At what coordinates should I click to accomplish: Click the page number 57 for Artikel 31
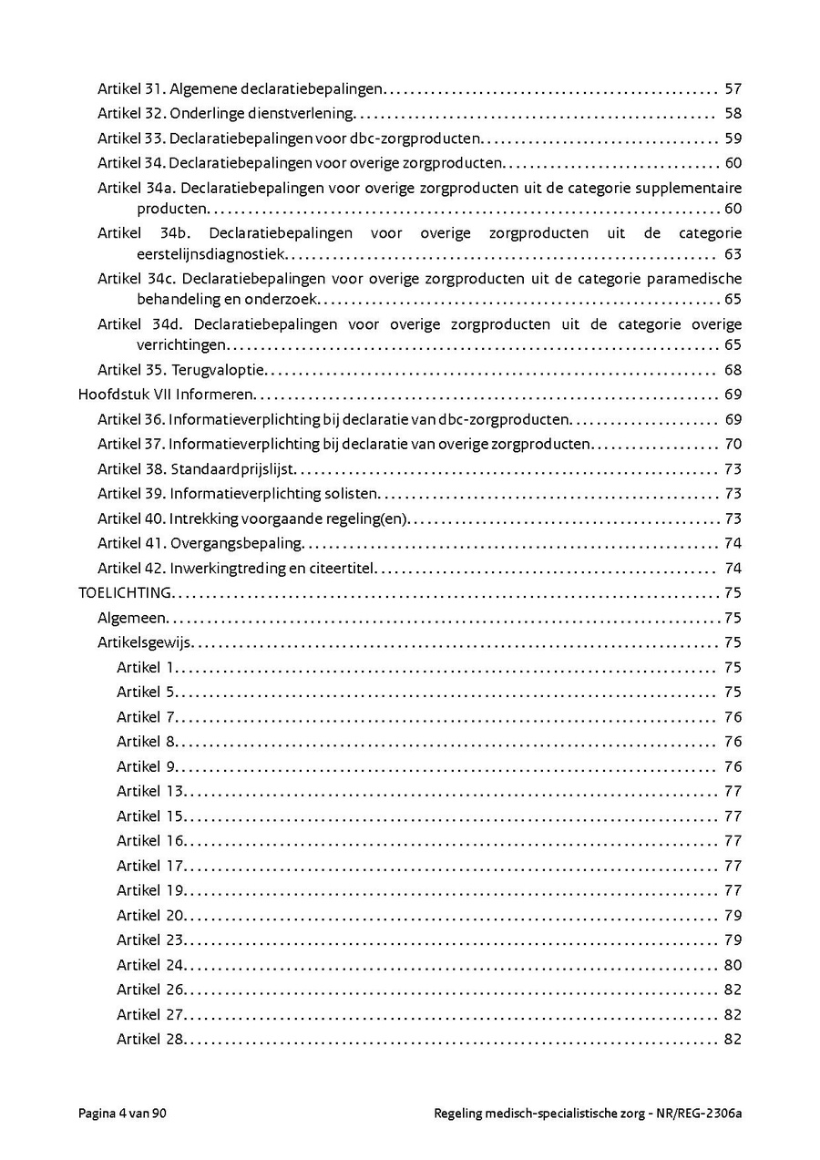733,89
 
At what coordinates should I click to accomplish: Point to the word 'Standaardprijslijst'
234,469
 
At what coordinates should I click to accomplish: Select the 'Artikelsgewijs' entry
144,642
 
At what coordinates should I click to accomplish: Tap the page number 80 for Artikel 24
733,965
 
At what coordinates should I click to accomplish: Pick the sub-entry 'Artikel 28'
150,1040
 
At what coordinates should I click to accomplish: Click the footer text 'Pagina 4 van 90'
123,1114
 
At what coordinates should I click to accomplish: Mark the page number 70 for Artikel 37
733,445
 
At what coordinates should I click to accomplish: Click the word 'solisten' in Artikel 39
352,494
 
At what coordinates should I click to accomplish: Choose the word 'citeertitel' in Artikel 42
343,569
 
